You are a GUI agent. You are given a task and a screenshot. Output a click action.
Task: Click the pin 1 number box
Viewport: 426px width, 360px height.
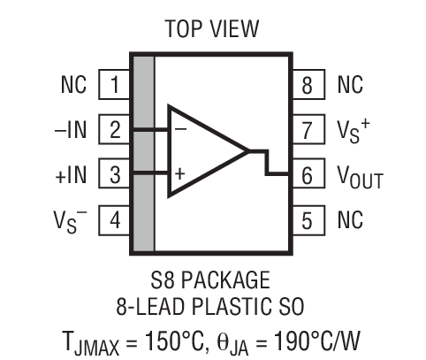(x=115, y=86)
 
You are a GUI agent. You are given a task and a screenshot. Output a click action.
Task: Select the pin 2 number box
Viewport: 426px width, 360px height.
(x=115, y=129)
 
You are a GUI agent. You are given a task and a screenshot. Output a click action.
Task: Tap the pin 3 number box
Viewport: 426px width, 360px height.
(x=115, y=173)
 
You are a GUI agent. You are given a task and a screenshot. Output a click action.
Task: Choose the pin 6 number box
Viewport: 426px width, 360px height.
(x=307, y=174)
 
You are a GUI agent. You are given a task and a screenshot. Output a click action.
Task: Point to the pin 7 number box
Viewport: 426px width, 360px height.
(x=307, y=130)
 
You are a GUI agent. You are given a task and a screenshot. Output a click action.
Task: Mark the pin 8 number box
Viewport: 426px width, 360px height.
(x=307, y=86)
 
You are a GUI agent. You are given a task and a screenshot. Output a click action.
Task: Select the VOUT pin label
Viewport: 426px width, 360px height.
(x=359, y=176)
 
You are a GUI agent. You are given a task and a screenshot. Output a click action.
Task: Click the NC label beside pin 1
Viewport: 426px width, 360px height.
(x=73, y=86)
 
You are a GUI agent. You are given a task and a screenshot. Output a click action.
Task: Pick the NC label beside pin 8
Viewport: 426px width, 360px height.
(x=350, y=86)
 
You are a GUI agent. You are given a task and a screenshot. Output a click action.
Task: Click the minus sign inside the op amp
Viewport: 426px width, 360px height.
(x=179, y=129)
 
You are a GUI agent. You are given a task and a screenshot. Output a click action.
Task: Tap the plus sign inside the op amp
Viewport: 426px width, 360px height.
(x=179, y=173)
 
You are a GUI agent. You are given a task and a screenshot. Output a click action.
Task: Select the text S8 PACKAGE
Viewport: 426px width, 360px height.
(x=212, y=282)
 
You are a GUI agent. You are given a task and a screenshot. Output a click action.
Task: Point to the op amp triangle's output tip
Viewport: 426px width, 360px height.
(x=250, y=151)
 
